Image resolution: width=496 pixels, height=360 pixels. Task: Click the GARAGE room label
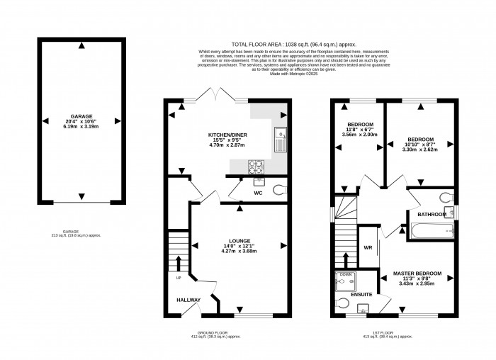(x=81, y=116)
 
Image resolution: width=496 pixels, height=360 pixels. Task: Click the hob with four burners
(x=255, y=166)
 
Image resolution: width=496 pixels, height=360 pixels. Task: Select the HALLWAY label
(x=189, y=300)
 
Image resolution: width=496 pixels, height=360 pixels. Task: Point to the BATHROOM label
(x=432, y=214)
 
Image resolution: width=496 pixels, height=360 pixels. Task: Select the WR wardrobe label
(x=368, y=248)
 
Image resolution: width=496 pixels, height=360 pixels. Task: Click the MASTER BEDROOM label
(x=417, y=274)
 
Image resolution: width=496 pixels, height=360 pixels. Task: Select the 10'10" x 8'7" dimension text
(x=420, y=145)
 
